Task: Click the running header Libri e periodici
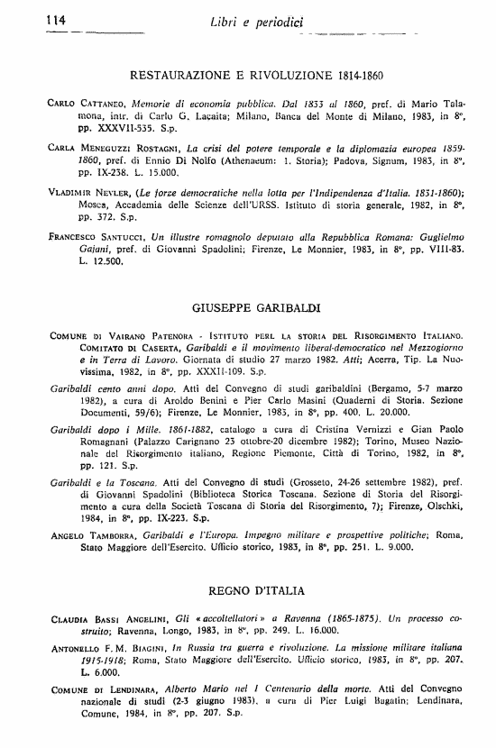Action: (x=255, y=21)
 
